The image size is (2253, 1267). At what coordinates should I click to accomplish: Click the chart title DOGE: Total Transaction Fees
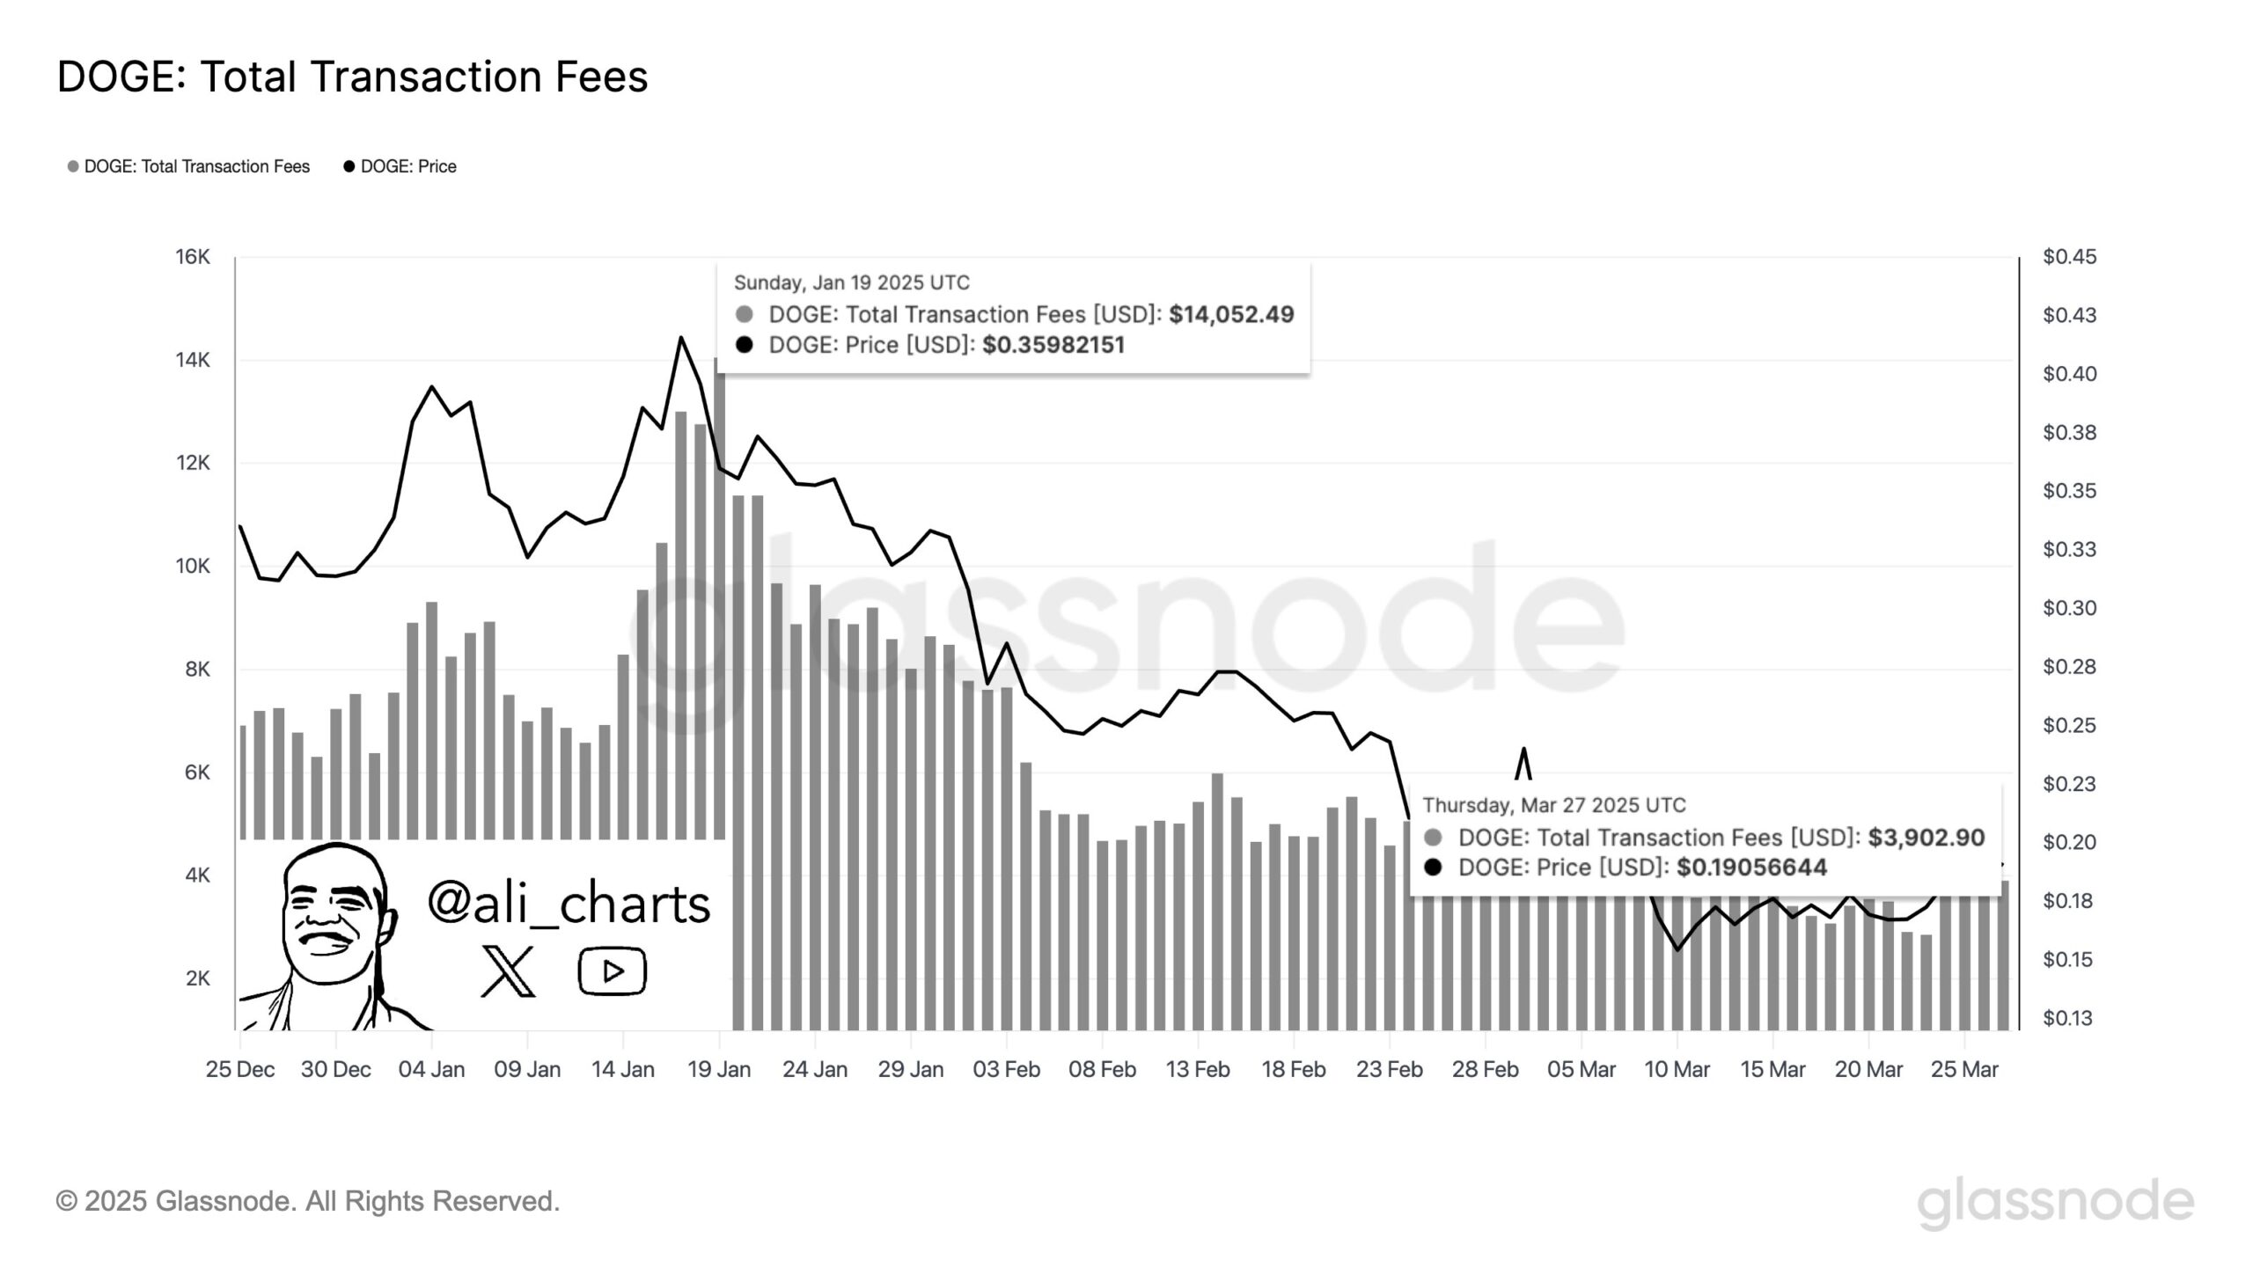pos(352,77)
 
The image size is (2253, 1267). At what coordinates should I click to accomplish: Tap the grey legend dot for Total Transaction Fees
pos(73,166)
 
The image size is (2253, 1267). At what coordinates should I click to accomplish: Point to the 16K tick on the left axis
pos(193,257)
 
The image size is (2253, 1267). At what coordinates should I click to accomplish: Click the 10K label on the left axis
pos(193,566)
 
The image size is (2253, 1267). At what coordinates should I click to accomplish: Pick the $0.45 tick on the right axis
pos(2069,257)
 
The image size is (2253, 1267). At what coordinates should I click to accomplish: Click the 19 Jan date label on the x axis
pos(719,1070)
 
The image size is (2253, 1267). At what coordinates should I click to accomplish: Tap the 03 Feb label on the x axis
pos(1006,1070)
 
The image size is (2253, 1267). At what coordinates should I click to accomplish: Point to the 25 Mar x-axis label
pos(1964,1070)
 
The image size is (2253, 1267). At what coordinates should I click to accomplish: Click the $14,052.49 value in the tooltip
pos(1231,314)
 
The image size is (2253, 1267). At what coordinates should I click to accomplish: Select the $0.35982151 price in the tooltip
pos(1053,345)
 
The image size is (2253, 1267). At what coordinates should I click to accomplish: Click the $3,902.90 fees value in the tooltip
pos(1926,837)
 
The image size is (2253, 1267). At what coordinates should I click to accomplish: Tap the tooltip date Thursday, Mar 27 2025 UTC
pos(1554,805)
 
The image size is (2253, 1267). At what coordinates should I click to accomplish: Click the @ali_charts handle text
pos(569,904)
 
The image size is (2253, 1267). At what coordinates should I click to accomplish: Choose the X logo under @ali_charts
pos(509,971)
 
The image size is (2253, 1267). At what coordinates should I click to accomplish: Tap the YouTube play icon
pos(613,971)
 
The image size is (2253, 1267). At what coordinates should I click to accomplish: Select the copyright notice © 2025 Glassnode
pos(308,1201)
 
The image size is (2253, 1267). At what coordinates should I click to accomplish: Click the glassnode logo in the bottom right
pos(2055,1203)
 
